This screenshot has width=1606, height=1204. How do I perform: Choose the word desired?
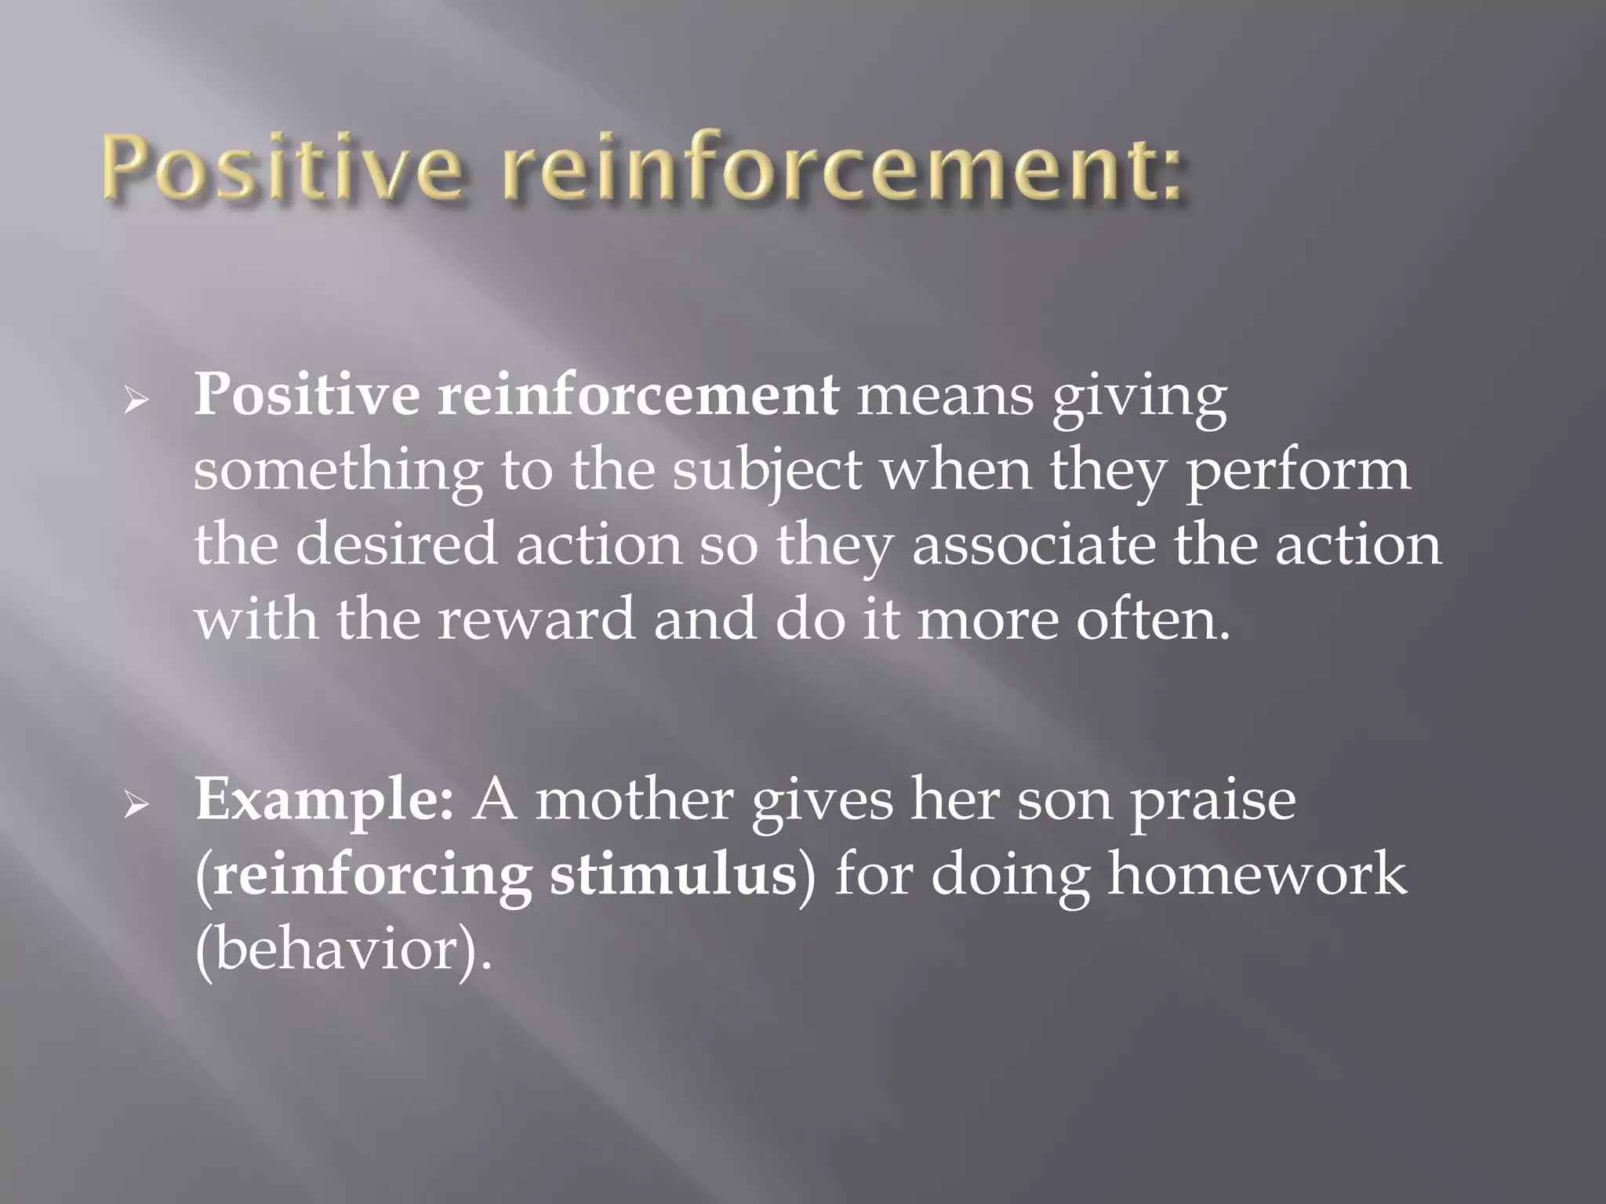point(396,545)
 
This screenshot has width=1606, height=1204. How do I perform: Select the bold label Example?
point(324,801)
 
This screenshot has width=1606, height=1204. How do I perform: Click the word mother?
point(634,800)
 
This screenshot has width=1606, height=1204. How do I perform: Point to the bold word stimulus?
point(673,875)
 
